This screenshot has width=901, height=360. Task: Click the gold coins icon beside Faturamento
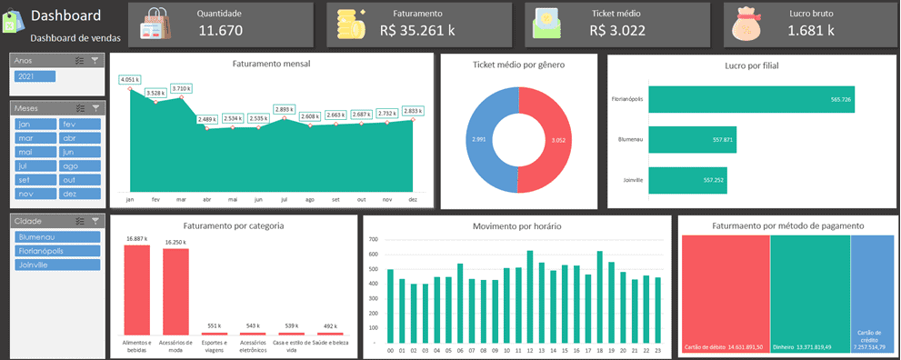coord(348,24)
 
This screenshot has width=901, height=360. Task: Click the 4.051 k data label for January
coord(130,80)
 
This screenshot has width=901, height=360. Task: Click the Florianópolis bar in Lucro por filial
coord(753,99)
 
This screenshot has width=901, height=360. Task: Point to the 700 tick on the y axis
coord(373,239)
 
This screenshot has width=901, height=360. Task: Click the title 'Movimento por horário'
coord(516,225)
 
